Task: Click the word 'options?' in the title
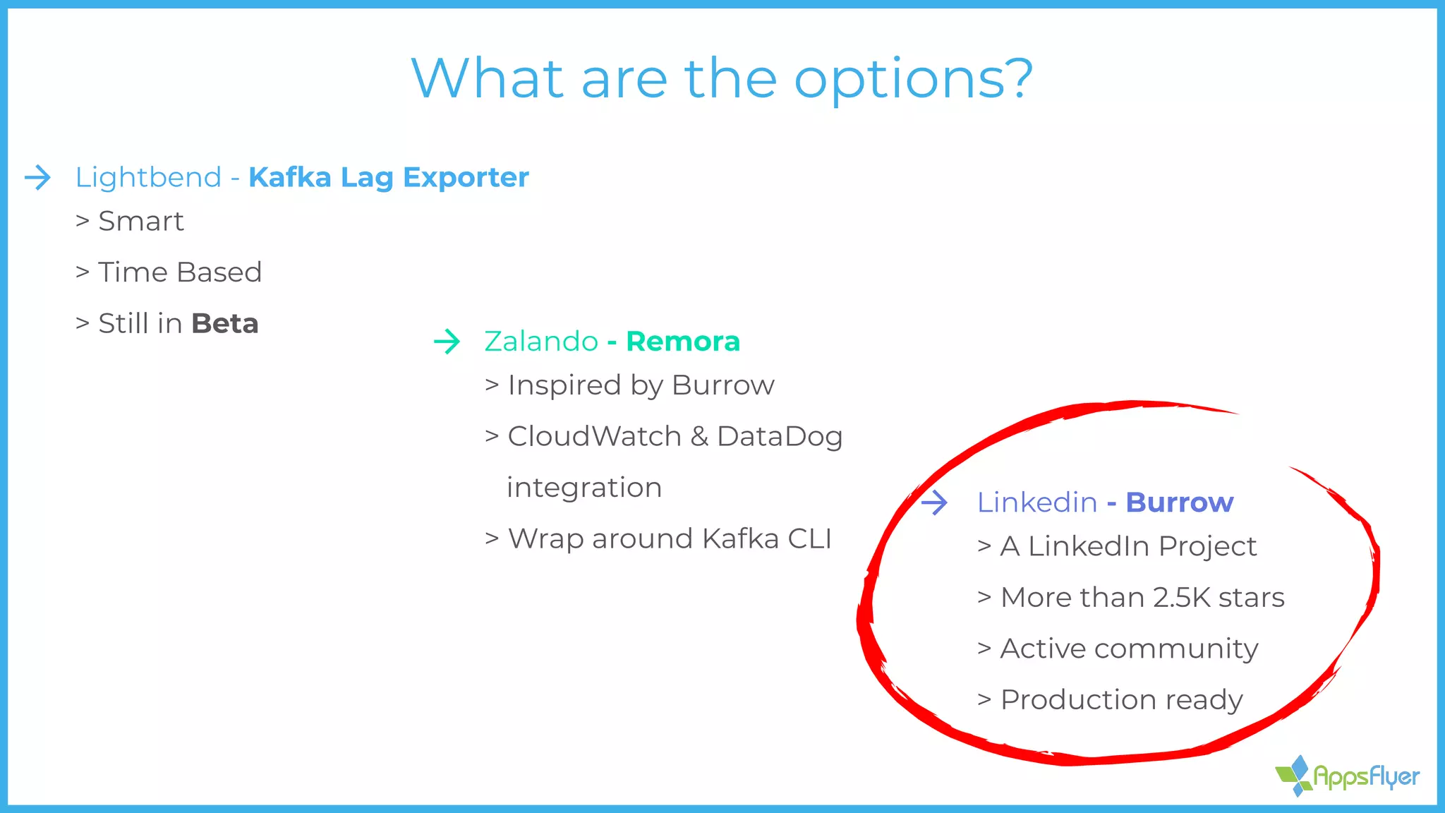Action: (x=913, y=79)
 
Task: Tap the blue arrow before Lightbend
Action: (x=38, y=177)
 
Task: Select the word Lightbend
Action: (x=148, y=177)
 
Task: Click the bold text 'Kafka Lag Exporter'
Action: (x=388, y=177)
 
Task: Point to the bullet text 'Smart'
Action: (x=140, y=222)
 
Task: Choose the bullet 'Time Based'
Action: (x=179, y=272)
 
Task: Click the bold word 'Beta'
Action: (x=224, y=324)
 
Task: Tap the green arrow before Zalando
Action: (x=447, y=342)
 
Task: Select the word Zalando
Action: (x=541, y=342)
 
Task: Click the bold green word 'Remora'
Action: (x=682, y=342)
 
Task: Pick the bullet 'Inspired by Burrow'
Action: (x=640, y=385)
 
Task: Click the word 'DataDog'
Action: (x=779, y=437)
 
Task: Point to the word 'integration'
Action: (x=584, y=488)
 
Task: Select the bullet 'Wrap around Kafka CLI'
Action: (x=669, y=539)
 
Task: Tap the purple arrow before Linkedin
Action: (x=934, y=502)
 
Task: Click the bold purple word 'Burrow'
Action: (x=1179, y=502)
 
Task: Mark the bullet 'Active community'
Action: (x=1129, y=649)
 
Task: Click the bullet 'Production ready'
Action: (x=1121, y=700)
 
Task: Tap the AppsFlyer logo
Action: (x=1347, y=776)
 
